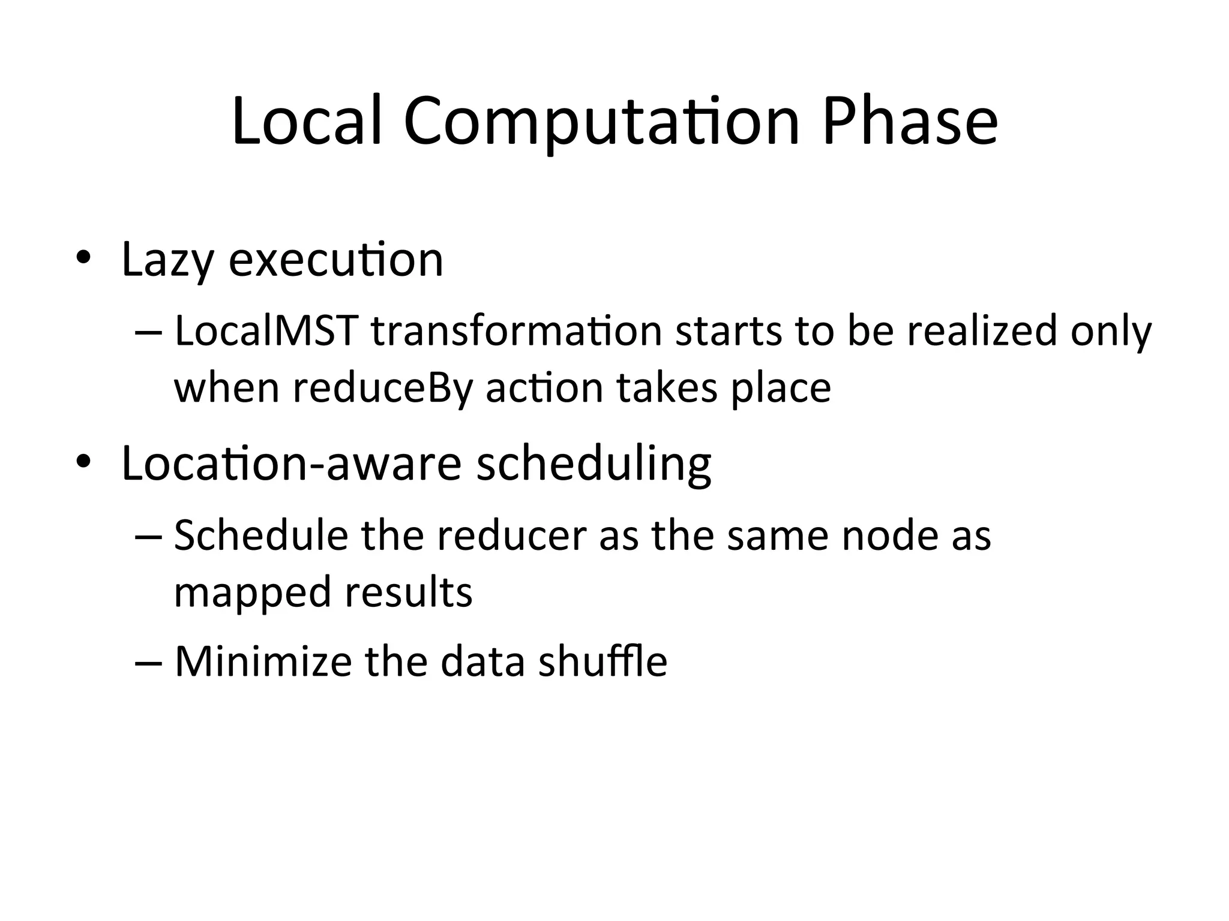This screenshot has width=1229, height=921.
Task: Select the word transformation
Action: (516, 331)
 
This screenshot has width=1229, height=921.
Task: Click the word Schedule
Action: (261, 535)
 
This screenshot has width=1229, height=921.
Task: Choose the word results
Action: (409, 592)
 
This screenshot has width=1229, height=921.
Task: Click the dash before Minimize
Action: (148, 662)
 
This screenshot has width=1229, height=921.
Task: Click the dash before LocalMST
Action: (148, 332)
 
